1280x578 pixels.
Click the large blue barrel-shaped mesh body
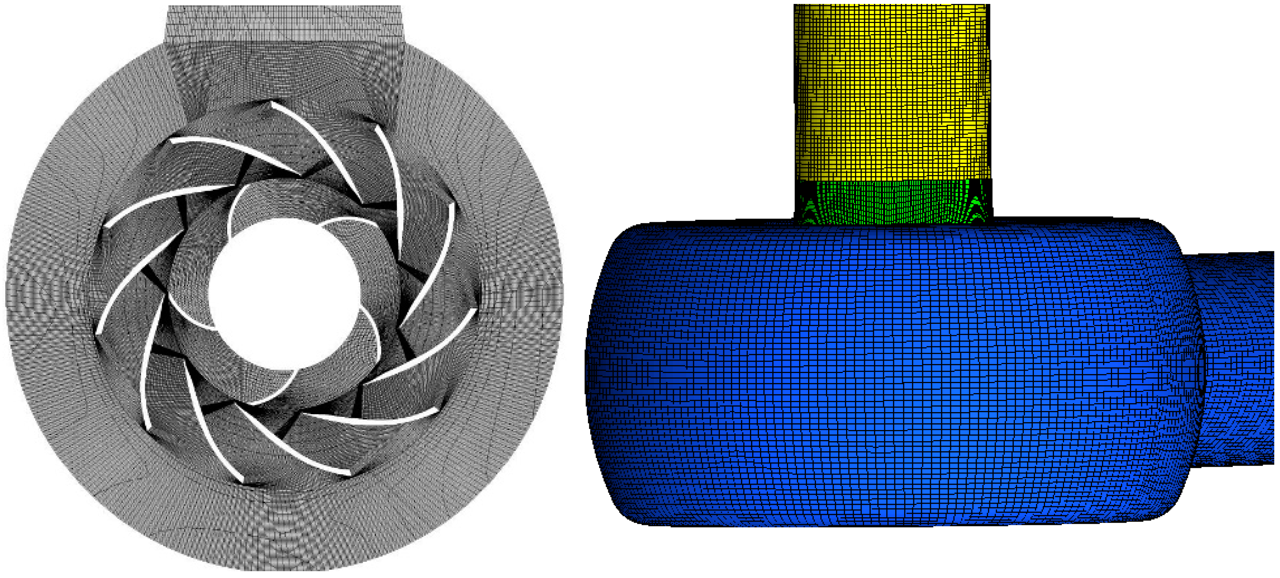pyautogui.click(x=885, y=373)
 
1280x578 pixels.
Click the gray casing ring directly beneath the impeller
pyautogui.click(x=283, y=527)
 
